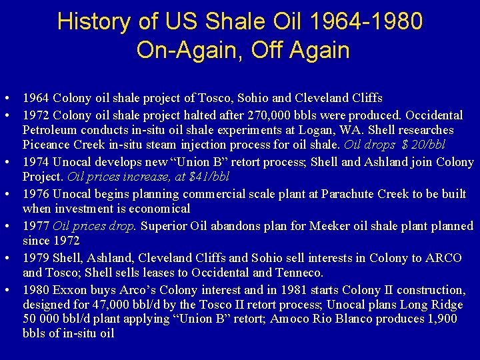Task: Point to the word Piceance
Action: pos(48,145)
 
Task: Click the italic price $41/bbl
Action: pos(213,177)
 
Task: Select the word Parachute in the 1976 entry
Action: pos(347,194)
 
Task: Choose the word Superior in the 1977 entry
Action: pos(163,226)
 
